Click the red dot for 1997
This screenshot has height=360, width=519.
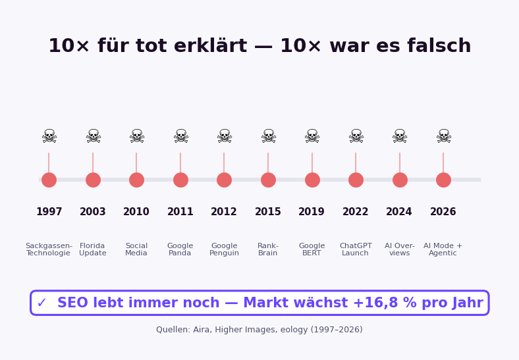[x=49, y=180]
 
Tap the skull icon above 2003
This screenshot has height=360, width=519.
[x=93, y=136]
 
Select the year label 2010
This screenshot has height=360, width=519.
[x=136, y=212]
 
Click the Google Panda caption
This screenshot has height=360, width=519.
[x=180, y=249]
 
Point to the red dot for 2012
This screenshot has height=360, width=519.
[x=224, y=180]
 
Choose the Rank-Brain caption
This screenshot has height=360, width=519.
[x=268, y=249]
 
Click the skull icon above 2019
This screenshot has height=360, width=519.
[x=312, y=136]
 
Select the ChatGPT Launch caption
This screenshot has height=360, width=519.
[x=356, y=249]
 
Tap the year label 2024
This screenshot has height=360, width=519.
[x=399, y=212]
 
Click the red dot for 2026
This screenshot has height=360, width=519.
[x=443, y=180]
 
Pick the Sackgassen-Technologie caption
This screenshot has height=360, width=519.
[x=49, y=249]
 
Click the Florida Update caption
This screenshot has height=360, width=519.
[x=93, y=249]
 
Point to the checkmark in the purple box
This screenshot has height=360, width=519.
[x=41, y=303]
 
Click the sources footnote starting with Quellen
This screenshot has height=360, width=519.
[x=259, y=330]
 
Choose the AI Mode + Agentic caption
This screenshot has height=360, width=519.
[x=443, y=249]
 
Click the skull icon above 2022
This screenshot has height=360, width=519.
[x=356, y=136]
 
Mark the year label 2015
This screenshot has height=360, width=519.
[x=268, y=212]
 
